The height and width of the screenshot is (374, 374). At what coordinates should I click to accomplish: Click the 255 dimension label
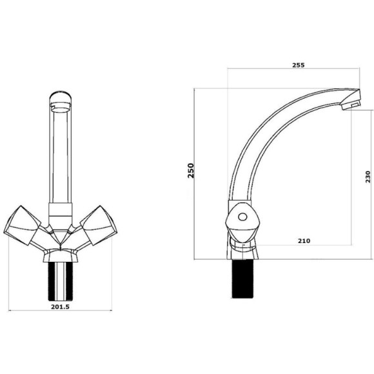(x=299, y=65)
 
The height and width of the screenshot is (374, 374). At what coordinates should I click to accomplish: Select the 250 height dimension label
(x=191, y=170)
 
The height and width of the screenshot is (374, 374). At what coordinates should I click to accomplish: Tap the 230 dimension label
(x=368, y=177)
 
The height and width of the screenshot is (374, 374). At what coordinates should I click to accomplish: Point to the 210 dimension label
(x=304, y=241)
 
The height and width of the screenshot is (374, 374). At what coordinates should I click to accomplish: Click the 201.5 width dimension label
(x=60, y=307)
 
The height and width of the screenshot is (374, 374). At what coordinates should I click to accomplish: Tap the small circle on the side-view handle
(x=243, y=217)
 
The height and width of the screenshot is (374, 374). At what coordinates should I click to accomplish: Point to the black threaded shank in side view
(x=242, y=279)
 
